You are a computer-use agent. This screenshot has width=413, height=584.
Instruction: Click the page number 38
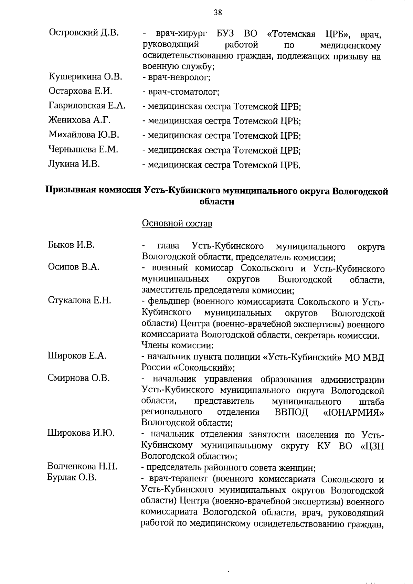pos(218,13)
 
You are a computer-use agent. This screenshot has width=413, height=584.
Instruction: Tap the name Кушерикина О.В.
pos(85,76)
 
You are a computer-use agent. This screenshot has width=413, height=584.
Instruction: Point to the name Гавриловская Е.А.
pos(87,106)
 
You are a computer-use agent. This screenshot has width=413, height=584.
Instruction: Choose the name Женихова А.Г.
pos(80,120)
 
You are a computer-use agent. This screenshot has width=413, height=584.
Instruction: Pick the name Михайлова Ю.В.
pos(84,135)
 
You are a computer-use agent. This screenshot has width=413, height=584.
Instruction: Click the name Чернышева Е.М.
pos(83,149)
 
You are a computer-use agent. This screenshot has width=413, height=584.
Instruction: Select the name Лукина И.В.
pos(74,164)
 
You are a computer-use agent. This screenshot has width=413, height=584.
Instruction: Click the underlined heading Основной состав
pos(177,224)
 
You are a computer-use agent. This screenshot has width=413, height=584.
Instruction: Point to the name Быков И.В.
pos(71,245)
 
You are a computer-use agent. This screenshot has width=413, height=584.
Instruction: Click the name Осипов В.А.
pos(74,267)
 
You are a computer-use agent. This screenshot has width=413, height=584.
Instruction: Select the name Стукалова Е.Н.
pos(79,300)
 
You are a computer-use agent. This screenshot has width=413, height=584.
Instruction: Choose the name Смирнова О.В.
pos(78,378)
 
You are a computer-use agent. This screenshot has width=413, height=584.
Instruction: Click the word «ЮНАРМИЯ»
pos(354,412)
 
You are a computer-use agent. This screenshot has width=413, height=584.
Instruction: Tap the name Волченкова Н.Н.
pos(82,467)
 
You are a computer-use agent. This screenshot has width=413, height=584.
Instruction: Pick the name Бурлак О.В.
pos(72,478)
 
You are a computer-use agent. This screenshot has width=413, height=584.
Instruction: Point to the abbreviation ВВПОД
pos(292,412)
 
